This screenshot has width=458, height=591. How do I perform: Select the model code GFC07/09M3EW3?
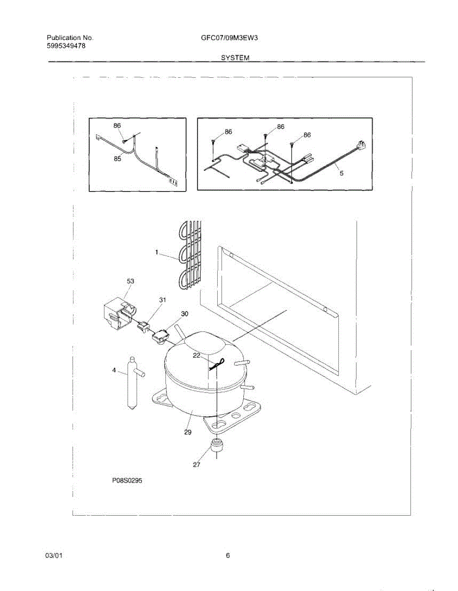pyautogui.click(x=227, y=38)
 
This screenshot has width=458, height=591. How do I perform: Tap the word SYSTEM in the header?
pyautogui.click(x=234, y=58)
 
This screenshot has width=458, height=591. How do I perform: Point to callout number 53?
pyautogui.click(x=131, y=281)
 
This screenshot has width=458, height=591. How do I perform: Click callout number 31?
pyautogui.click(x=163, y=299)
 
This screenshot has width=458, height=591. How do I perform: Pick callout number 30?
pyautogui.click(x=184, y=313)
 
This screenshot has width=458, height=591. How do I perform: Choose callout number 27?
pyautogui.click(x=196, y=464)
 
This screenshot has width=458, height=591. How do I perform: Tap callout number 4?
pyautogui.click(x=114, y=370)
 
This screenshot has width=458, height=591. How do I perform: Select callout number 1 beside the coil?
pyautogui.click(x=157, y=252)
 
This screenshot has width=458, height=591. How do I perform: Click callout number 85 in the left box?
pyautogui.click(x=117, y=159)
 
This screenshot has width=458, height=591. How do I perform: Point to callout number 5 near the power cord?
pyautogui.click(x=341, y=173)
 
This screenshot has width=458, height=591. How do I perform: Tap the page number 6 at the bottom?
pyautogui.click(x=228, y=556)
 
